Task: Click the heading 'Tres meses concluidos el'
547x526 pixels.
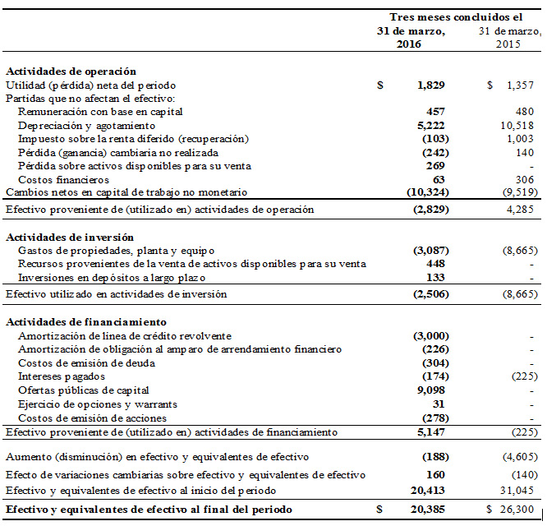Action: (455, 16)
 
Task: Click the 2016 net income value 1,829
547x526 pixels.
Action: (431, 85)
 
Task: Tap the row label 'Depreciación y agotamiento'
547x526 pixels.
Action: (86, 125)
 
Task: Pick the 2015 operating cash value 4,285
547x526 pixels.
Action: (521, 209)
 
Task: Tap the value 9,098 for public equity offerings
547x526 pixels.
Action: (431, 390)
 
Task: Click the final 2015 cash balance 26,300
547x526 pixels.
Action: (518, 509)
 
